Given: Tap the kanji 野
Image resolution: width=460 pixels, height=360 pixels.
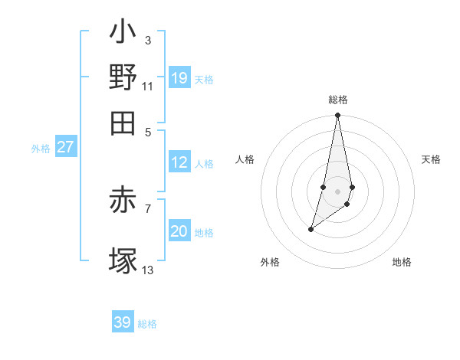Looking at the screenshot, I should pyautogui.click(x=123, y=77).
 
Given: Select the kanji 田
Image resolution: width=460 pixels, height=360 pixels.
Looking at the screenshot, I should pyautogui.click(x=123, y=123).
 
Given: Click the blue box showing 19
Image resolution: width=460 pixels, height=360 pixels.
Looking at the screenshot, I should pyautogui.click(x=179, y=77).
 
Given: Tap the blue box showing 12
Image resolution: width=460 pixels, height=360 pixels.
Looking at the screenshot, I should pyautogui.click(x=179, y=162).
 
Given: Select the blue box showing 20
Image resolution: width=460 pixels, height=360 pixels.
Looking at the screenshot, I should pyautogui.click(x=179, y=232).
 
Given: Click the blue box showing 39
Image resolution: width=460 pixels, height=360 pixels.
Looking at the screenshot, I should pyautogui.click(x=123, y=322).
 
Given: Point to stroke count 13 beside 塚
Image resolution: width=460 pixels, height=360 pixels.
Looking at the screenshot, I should pyautogui.click(x=148, y=270).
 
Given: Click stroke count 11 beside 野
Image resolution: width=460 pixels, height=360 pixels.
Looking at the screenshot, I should pyautogui.click(x=148, y=86).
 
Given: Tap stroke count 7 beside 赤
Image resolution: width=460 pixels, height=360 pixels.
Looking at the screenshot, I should pyautogui.click(x=148, y=208).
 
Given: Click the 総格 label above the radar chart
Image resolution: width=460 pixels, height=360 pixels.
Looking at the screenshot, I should pyautogui.click(x=337, y=100).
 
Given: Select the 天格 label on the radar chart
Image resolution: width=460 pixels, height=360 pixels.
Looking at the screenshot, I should pyautogui.click(x=432, y=159).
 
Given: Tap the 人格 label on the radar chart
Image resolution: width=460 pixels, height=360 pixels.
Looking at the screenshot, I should pyautogui.click(x=245, y=159).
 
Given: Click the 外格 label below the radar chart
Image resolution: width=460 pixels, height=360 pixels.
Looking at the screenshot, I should pyautogui.click(x=270, y=262).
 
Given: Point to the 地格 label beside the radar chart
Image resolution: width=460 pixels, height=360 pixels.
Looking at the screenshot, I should pyautogui.click(x=402, y=262).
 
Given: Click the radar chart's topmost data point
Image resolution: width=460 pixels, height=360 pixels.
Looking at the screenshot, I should pyautogui.click(x=337, y=116).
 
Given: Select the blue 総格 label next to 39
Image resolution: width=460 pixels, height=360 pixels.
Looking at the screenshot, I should pyautogui.click(x=147, y=324).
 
